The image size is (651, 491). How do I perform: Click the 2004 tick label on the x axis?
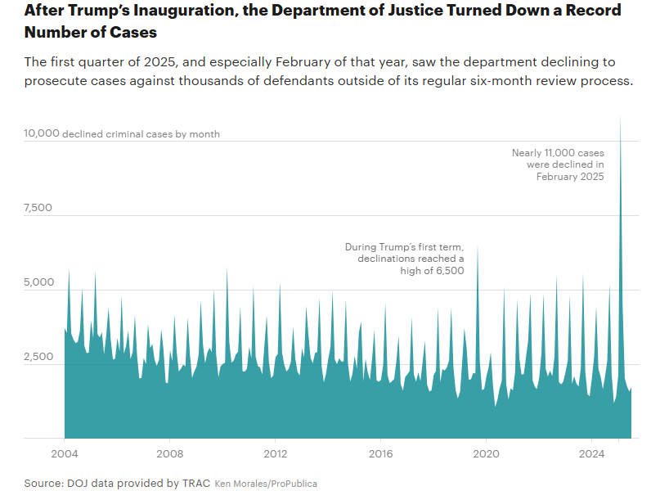click(x=65, y=453)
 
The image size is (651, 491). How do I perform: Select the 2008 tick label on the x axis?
click(x=169, y=453)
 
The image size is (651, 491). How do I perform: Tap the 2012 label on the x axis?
click(x=275, y=453)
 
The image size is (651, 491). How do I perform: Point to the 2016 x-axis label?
click(x=380, y=453)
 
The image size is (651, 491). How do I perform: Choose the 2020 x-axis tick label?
click(x=486, y=453)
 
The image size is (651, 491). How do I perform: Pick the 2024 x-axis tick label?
click(x=591, y=453)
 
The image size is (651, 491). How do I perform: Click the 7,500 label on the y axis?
click(x=38, y=208)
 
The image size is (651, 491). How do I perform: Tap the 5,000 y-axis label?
click(x=38, y=282)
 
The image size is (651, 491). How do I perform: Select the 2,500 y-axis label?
click(x=38, y=357)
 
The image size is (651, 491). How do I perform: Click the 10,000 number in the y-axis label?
click(x=42, y=133)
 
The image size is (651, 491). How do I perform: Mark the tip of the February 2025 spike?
click(x=621, y=118)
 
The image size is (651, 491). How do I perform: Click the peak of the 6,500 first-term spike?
click(x=478, y=245)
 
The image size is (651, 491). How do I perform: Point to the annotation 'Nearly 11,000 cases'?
click(x=558, y=152)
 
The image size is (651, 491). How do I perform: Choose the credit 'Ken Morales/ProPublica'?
click(x=266, y=484)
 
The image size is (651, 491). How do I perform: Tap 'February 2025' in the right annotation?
click(x=570, y=177)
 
